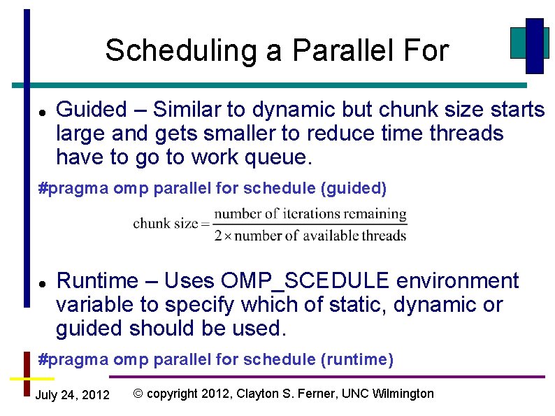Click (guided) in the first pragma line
tap(354, 189)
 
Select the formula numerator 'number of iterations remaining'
tap(310, 214)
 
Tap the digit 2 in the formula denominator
tap(218, 236)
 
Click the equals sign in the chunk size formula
tap(205, 224)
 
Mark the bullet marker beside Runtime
tap(42, 283)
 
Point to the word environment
tap(457, 281)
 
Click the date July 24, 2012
tap(72, 395)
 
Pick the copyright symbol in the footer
tap(138, 394)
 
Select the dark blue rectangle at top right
tap(534, 45)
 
